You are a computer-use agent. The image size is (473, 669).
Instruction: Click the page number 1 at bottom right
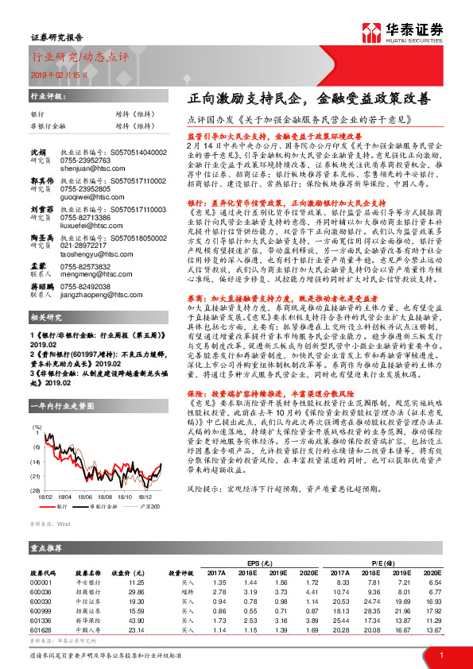pos(440,655)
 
